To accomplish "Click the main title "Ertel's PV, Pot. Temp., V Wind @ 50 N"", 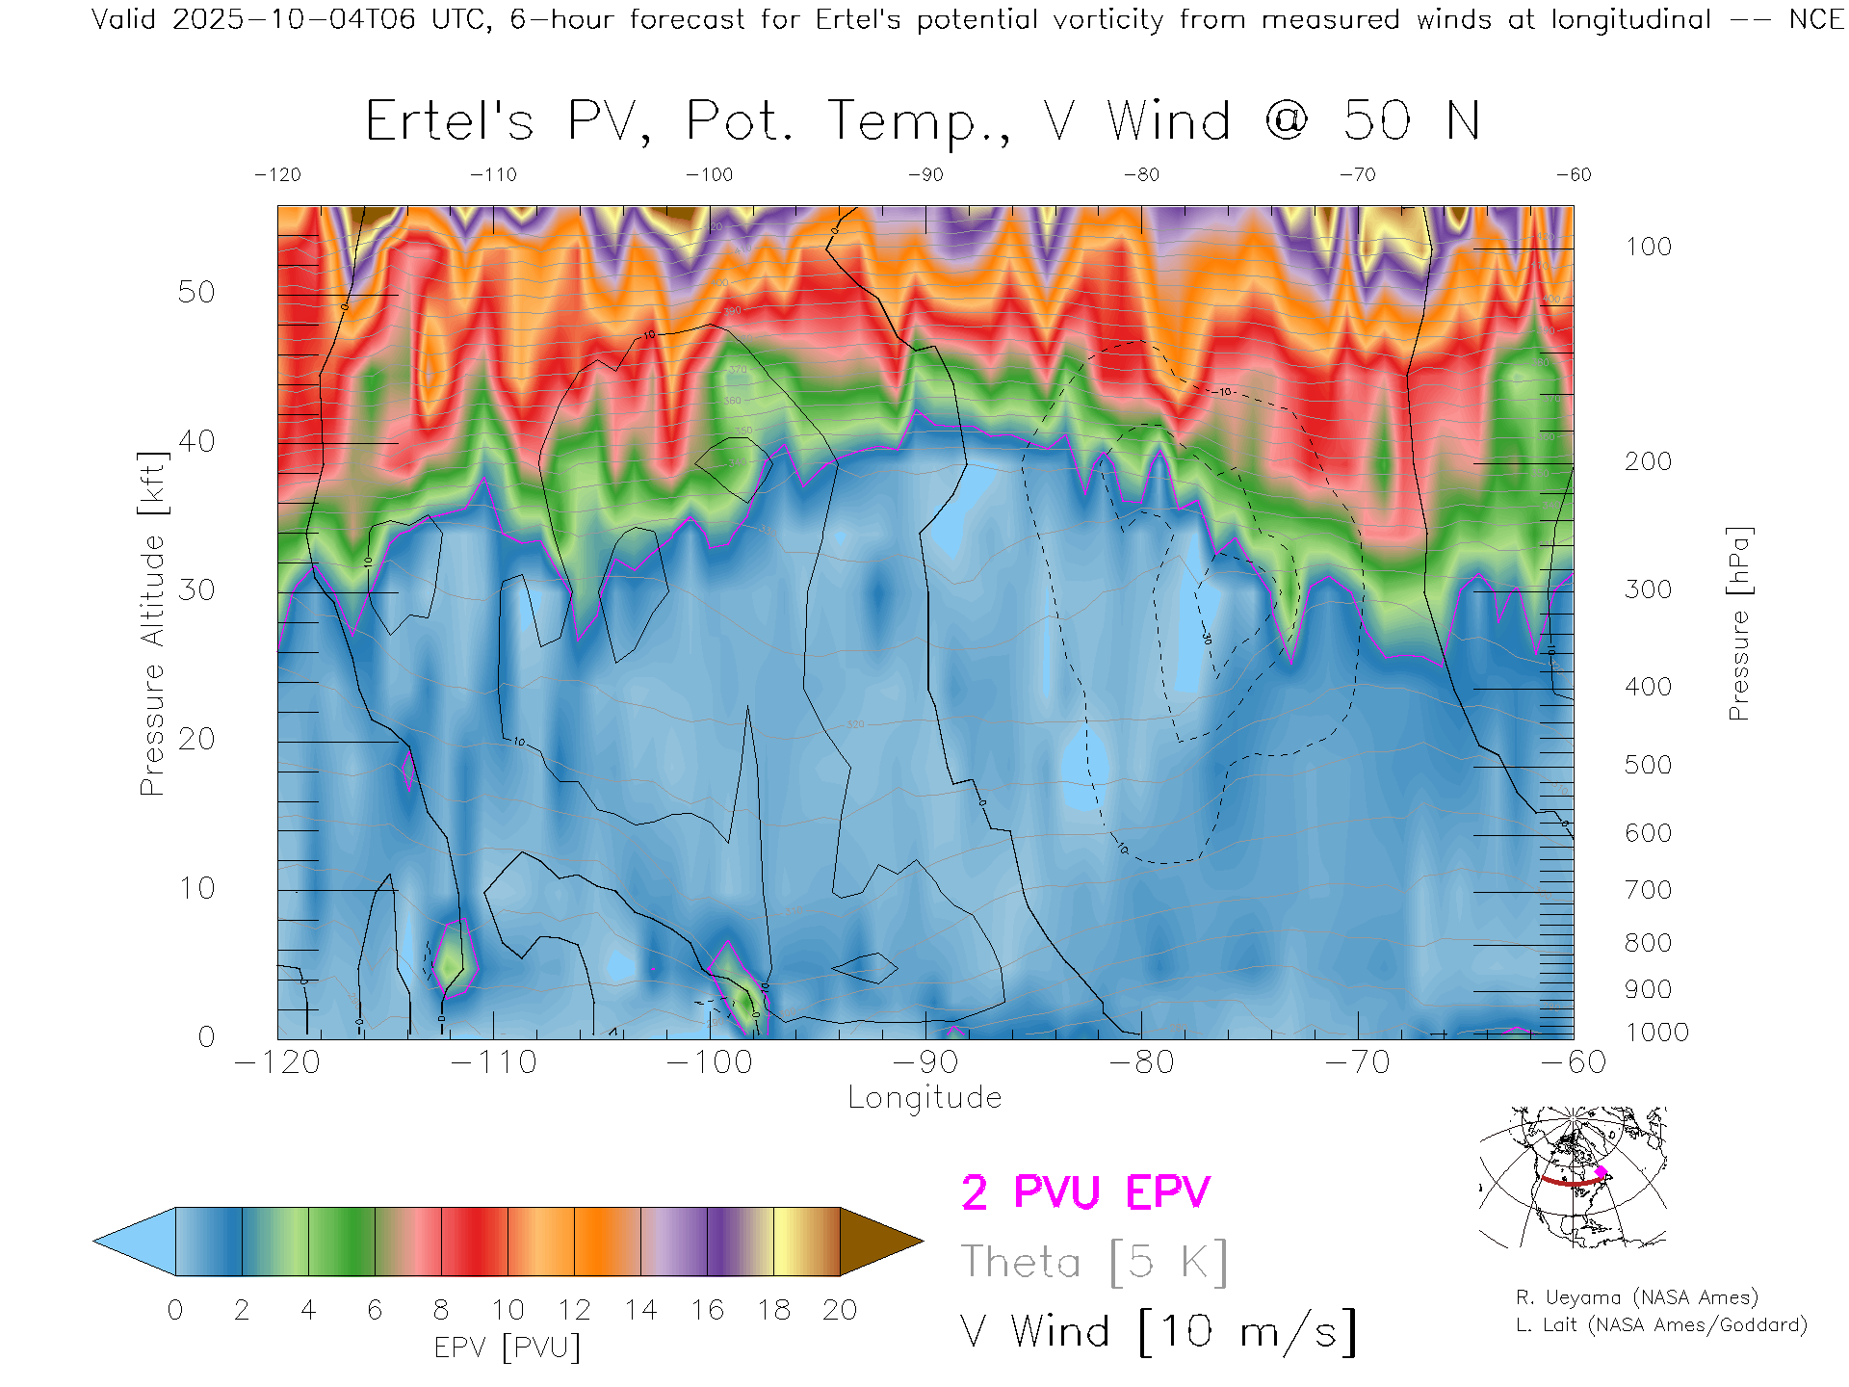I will (x=922, y=122).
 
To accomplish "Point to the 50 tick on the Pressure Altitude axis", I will (x=196, y=293).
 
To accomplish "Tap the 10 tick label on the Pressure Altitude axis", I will (x=196, y=888).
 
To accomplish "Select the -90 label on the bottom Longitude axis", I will (x=925, y=1062).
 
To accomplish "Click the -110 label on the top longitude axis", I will (x=493, y=175).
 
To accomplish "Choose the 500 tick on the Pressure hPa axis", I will (x=1648, y=766).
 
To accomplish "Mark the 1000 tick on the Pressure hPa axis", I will (x=1656, y=1033).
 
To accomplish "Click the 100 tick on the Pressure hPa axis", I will (x=1648, y=248).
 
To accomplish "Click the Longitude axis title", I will (x=924, y=1098).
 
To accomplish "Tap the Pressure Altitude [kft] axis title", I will (x=152, y=624).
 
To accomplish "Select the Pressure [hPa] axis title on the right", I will (x=1738, y=624).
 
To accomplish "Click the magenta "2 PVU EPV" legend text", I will (x=1085, y=1192).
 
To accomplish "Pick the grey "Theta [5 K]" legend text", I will (x=1094, y=1262).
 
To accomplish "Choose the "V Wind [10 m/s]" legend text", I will (x=1159, y=1332).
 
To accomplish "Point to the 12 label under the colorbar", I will (x=574, y=1311).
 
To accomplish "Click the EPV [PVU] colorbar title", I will (x=508, y=1348).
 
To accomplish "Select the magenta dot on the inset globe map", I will (x=1601, y=1172).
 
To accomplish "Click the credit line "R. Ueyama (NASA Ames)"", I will (x=1636, y=1298).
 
